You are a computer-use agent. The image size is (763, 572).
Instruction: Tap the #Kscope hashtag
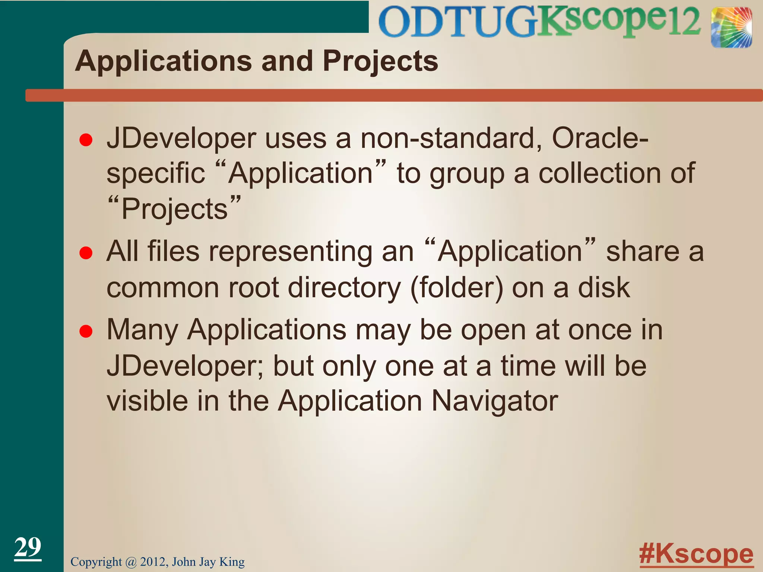click(696, 554)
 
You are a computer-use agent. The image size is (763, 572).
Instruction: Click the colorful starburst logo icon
click(731, 28)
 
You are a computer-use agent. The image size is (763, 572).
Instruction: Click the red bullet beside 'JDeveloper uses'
click(86, 140)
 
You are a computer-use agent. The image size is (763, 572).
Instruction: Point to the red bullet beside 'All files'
click(86, 253)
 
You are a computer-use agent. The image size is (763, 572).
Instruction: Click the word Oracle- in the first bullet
click(600, 138)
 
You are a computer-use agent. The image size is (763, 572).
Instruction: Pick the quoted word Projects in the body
click(174, 209)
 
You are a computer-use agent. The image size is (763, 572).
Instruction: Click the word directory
click(345, 287)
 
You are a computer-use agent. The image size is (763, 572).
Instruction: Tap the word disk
click(604, 287)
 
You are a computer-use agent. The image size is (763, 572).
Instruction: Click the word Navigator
click(495, 401)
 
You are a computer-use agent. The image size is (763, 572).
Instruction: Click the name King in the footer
click(232, 562)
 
